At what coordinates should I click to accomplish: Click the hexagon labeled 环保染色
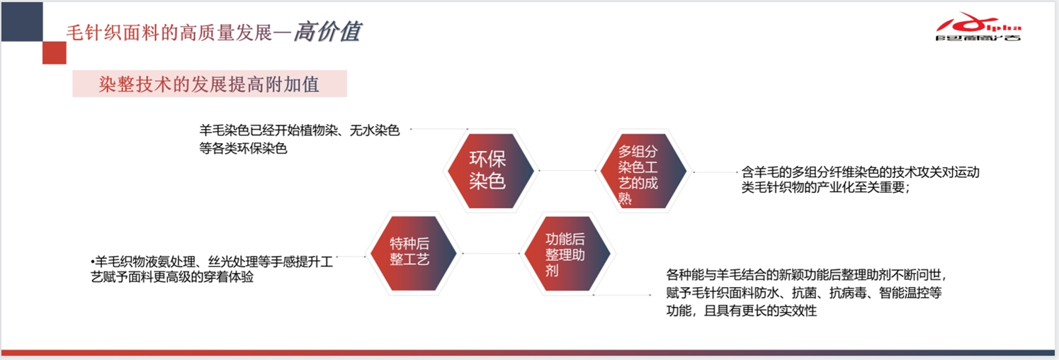[x=489, y=171]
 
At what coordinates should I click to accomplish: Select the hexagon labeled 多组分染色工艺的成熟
[x=643, y=171]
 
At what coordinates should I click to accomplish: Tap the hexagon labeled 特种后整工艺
[x=413, y=253]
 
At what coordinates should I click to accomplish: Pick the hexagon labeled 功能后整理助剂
[x=567, y=253]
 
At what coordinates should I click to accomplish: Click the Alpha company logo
[x=978, y=27]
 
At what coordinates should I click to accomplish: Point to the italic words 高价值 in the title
[x=328, y=32]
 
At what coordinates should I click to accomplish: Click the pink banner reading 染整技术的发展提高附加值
[x=210, y=84]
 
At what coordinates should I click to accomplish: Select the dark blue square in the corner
[x=22, y=21]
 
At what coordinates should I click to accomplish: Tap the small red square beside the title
[x=55, y=52]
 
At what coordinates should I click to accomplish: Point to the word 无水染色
[x=375, y=130]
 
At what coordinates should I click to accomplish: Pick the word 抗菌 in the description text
[x=804, y=293]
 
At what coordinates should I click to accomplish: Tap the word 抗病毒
[x=848, y=293]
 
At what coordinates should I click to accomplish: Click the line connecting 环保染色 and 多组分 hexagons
[x=567, y=170]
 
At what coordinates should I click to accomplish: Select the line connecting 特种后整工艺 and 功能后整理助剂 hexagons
[x=491, y=254]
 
